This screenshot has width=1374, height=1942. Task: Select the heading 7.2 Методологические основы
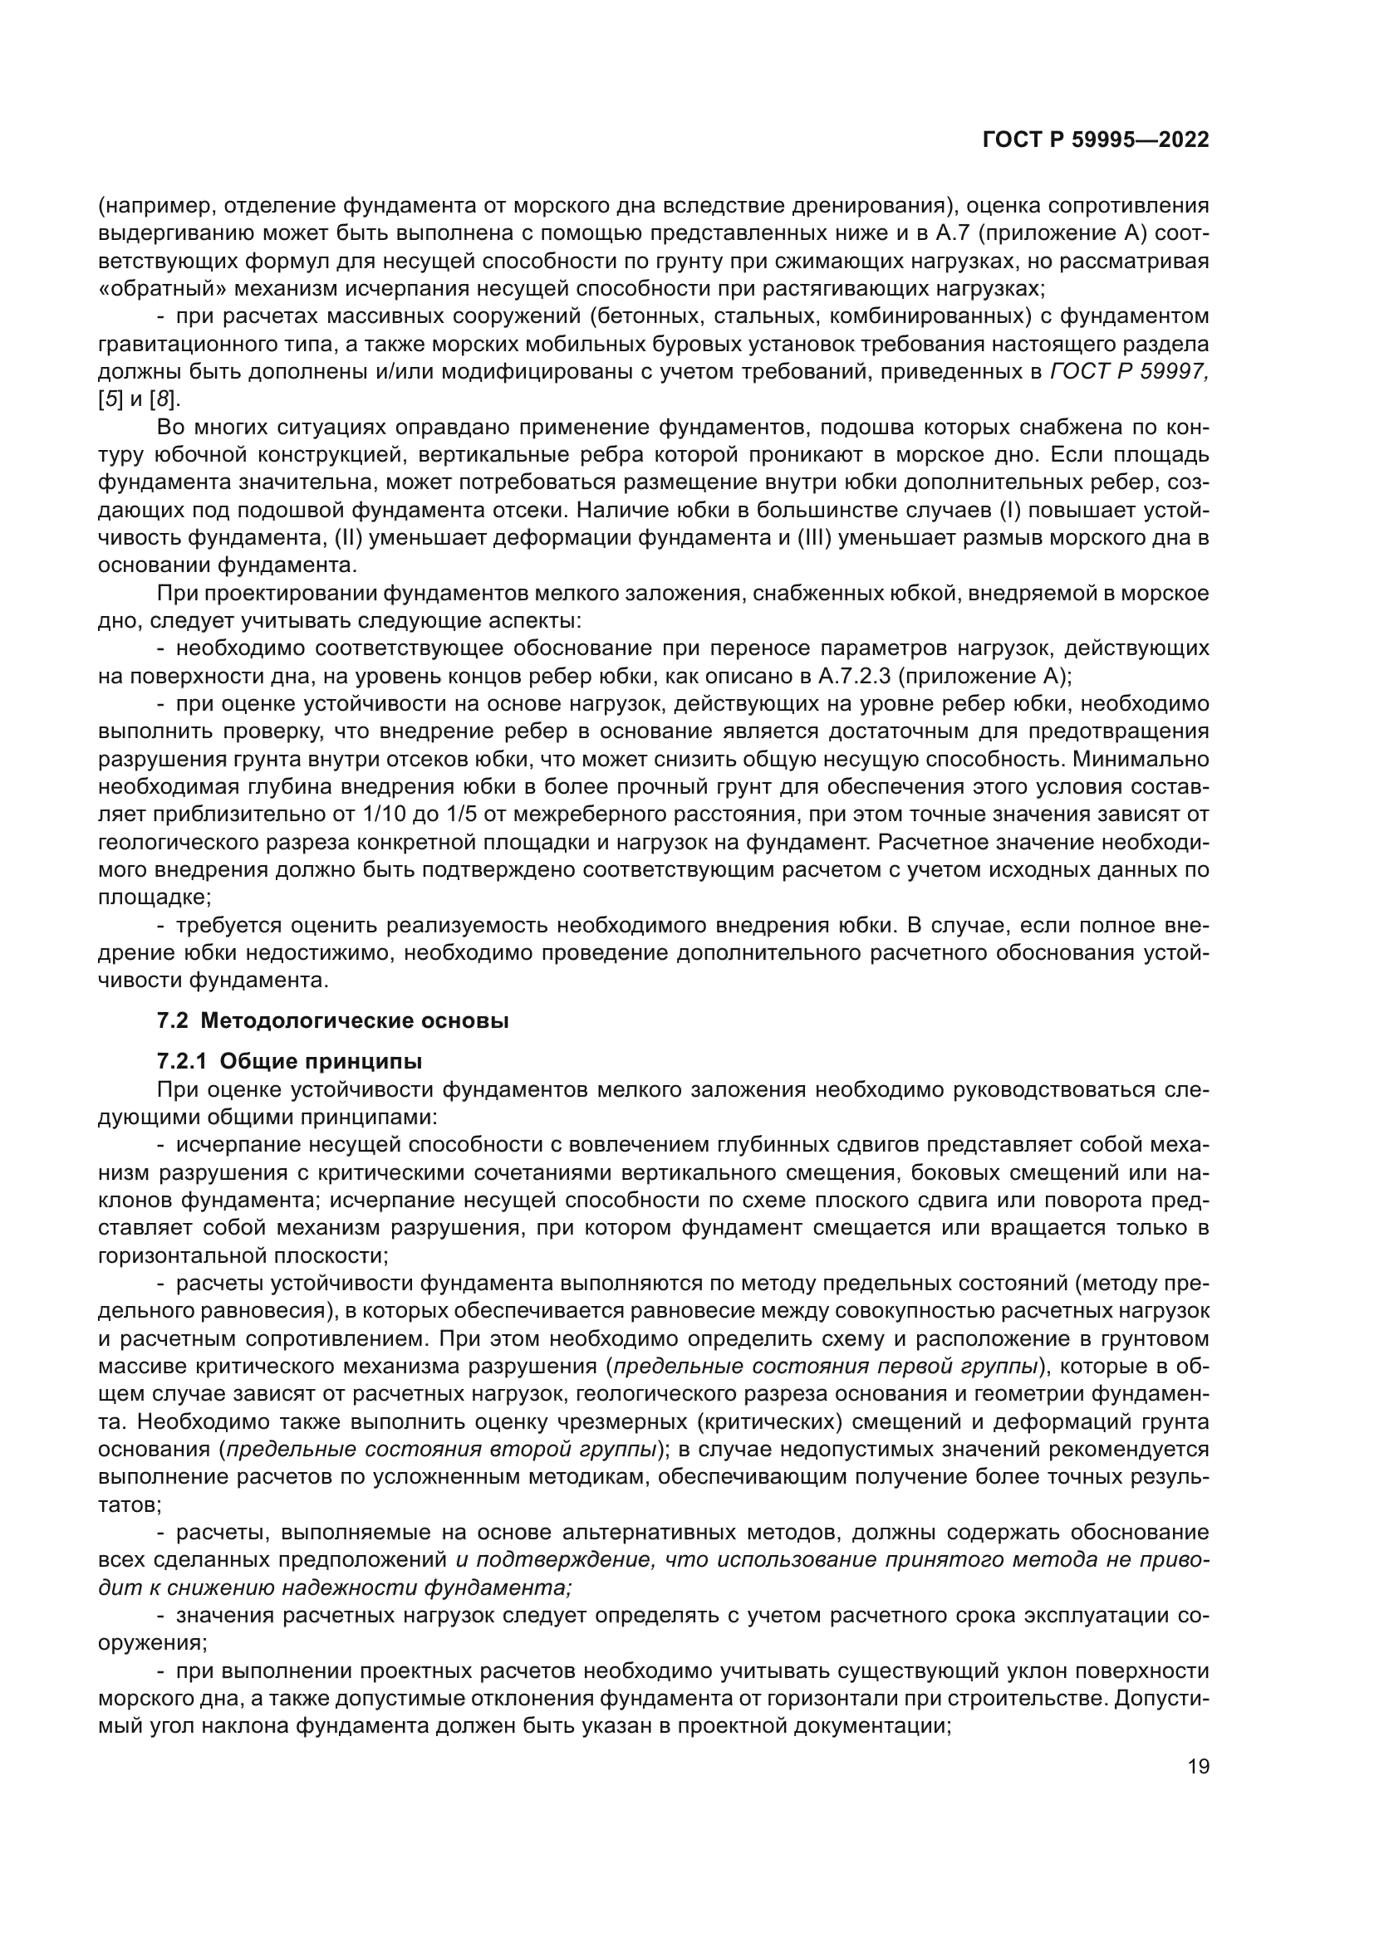pyautogui.click(x=332, y=1021)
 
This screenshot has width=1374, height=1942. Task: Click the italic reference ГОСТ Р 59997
pyautogui.click(x=1129, y=371)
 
